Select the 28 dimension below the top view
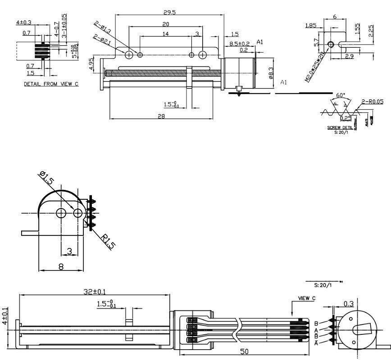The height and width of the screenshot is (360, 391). point(161,116)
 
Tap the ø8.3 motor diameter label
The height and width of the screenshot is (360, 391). point(270,73)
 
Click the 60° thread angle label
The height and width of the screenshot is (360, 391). point(341,95)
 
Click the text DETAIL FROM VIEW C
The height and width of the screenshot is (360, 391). point(51,84)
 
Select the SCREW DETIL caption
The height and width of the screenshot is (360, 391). point(339,128)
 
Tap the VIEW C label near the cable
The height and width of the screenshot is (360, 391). point(307,298)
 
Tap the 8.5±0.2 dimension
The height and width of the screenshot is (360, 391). point(239,44)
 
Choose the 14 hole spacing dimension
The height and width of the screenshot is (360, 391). point(166,34)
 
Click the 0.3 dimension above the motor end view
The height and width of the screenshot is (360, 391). point(348,304)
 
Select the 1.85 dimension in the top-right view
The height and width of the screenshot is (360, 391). point(310,26)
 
